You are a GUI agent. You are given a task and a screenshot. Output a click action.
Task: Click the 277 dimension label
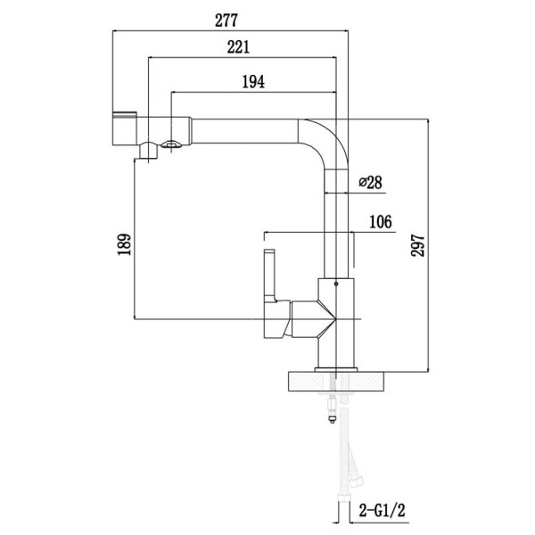pyautogui.click(x=224, y=18)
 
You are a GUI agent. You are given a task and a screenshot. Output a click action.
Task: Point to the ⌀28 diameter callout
pyautogui.click(x=369, y=182)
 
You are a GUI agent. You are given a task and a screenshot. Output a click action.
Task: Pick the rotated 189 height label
pyautogui.click(x=124, y=243)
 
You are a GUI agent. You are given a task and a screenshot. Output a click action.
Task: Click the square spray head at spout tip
pyautogui.click(x=125, y=131)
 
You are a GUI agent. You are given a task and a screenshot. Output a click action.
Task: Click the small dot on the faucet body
pyautogui.click(x=335, y=284)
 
